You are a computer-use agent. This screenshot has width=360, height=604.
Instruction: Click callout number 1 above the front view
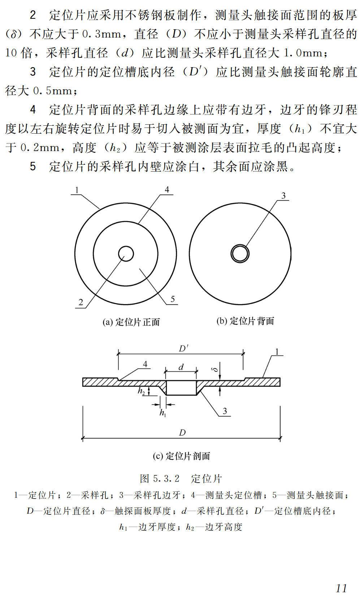click(x=77, y=190)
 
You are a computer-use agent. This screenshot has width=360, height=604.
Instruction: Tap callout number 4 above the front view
click(x=166, y=190)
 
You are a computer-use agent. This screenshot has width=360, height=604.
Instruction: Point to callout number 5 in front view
click(x=173, y=299)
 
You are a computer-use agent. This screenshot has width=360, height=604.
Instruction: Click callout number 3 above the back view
click(x=283, y=196)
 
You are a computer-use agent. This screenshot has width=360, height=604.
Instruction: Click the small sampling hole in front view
click(x=126, y=254)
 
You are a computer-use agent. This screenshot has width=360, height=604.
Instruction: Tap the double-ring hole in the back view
click(x=240, y=253)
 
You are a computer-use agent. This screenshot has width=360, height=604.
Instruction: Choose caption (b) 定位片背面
click(x=245, y=321)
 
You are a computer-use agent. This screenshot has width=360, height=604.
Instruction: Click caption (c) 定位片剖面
click(x=181, y=456)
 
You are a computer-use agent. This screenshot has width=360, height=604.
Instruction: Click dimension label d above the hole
click(x=181, y=367)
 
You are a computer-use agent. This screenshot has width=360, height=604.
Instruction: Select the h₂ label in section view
click(x=141, y=391)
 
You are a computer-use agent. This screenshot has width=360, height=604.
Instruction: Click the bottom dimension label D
click(x=182, y=432)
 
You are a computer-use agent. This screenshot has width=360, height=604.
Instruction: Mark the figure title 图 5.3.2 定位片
click(x=181, y=479)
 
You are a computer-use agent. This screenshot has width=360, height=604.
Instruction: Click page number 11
click(x=341, y=588)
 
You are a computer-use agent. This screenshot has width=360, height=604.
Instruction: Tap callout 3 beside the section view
click(x=225, y=411)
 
